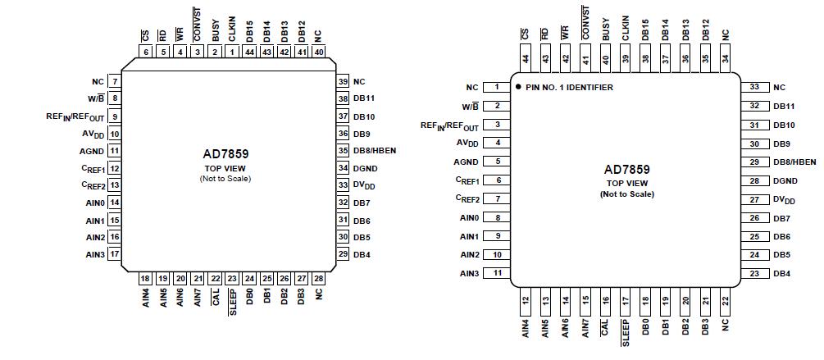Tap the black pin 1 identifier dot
tap(519, 87)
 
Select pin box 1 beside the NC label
tap(496, 87)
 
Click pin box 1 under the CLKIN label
tap(232, 52)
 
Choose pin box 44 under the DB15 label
tap(249, 52)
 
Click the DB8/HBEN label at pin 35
tap(375, 150)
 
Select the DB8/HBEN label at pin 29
tap(794, 162)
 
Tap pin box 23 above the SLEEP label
tap(232, 279)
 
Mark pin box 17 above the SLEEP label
tap(625, 301)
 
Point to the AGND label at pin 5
tap(466, 162)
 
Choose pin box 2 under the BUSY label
tap(215, 52)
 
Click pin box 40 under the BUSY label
tap(605, 58)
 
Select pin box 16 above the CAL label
tap(605, 301)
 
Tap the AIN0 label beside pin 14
tap(94, 203)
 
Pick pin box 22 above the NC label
tap(725, 301)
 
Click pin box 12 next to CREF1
tap(115, 168)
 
